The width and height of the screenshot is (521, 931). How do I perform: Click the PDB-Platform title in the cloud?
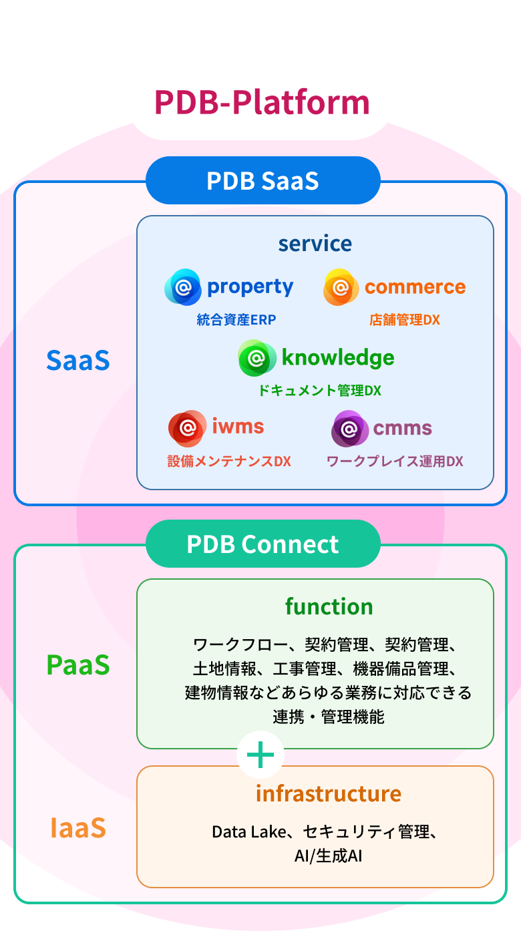tap(262, 102)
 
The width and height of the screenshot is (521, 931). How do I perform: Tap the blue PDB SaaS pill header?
tap(263, 181)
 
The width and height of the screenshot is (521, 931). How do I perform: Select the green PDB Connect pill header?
tap(263, 544)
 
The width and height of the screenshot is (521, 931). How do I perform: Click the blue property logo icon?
tap(182, 287)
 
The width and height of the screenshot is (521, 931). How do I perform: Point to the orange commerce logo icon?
tap(341, 287)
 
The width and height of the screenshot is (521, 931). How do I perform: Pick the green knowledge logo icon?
tap(256, 358)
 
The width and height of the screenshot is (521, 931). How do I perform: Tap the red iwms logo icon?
tap(186, 427)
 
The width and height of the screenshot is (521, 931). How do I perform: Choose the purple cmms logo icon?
tap(349, 428)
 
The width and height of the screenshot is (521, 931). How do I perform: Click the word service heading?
tap(315, 243)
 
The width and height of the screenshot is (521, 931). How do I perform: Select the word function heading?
tap(329, 606)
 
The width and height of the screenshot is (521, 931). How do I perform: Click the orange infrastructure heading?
tap(329, 793)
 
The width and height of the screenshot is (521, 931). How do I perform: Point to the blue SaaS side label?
tap(78, 361)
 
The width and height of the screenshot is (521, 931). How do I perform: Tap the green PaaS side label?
tap(78, 665)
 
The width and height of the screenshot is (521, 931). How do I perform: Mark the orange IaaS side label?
tap(78, 828)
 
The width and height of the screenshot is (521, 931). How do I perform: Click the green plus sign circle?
tap(260, 755)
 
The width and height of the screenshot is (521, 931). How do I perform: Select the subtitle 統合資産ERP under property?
tap(236, 320)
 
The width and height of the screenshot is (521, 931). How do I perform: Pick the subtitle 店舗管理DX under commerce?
tap(405, 320)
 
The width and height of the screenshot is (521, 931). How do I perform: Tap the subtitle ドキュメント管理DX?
tap(320, 391)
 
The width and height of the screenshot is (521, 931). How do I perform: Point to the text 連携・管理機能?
tap(328, 717)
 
